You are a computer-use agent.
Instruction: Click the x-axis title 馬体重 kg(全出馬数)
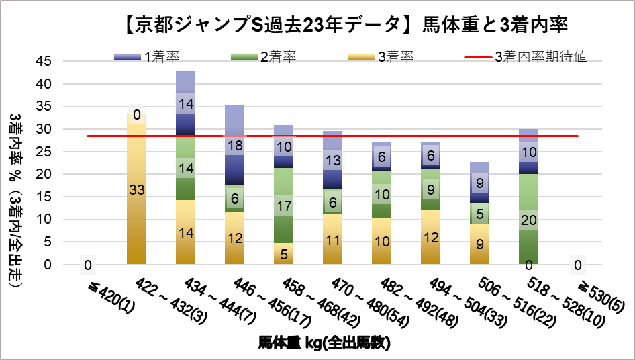(x=325, y=343)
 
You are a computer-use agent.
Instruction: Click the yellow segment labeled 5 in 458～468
(x=284, y=253)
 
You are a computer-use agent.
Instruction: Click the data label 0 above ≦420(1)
(x=88, y=265)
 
